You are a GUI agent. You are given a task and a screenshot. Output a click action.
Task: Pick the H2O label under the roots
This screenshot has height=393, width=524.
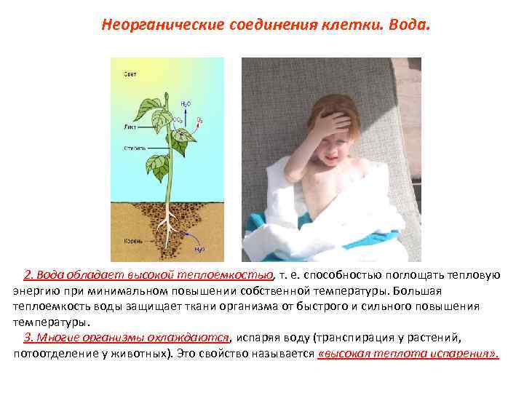199,249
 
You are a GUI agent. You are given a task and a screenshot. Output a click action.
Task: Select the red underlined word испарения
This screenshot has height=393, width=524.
464,354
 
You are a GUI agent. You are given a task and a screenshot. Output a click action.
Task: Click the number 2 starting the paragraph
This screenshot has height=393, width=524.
28,275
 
